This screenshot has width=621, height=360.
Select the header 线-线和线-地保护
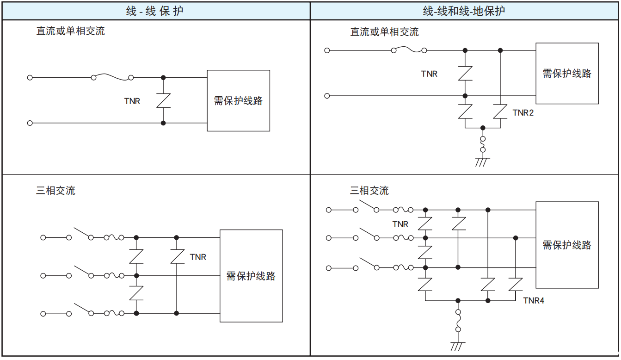tap(464, 11)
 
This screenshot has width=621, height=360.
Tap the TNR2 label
tap(523, 112)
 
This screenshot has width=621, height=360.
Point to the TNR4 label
tap(534, 301)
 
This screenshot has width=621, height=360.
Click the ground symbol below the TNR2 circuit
tap(483, 161)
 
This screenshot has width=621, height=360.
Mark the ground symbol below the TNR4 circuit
tap(458, 346)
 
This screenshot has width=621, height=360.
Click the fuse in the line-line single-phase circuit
tap(112, 77)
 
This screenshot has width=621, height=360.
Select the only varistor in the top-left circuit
tap(163, 100)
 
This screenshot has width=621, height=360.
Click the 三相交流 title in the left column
tap(55, 191)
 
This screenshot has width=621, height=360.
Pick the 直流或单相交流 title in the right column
tap(384, 32)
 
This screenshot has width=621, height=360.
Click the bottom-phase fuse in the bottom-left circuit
tap(114, 314)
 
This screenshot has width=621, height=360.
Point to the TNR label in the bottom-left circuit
tap(198, 257)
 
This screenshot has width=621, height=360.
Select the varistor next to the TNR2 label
tap(500, 112)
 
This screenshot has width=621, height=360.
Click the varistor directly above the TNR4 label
tap(515, 284)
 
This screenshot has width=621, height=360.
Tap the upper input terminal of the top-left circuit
tap(30, 78)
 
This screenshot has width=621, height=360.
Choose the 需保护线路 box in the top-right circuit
tap(567, 73)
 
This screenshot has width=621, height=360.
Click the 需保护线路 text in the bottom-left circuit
tap(251, 276)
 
